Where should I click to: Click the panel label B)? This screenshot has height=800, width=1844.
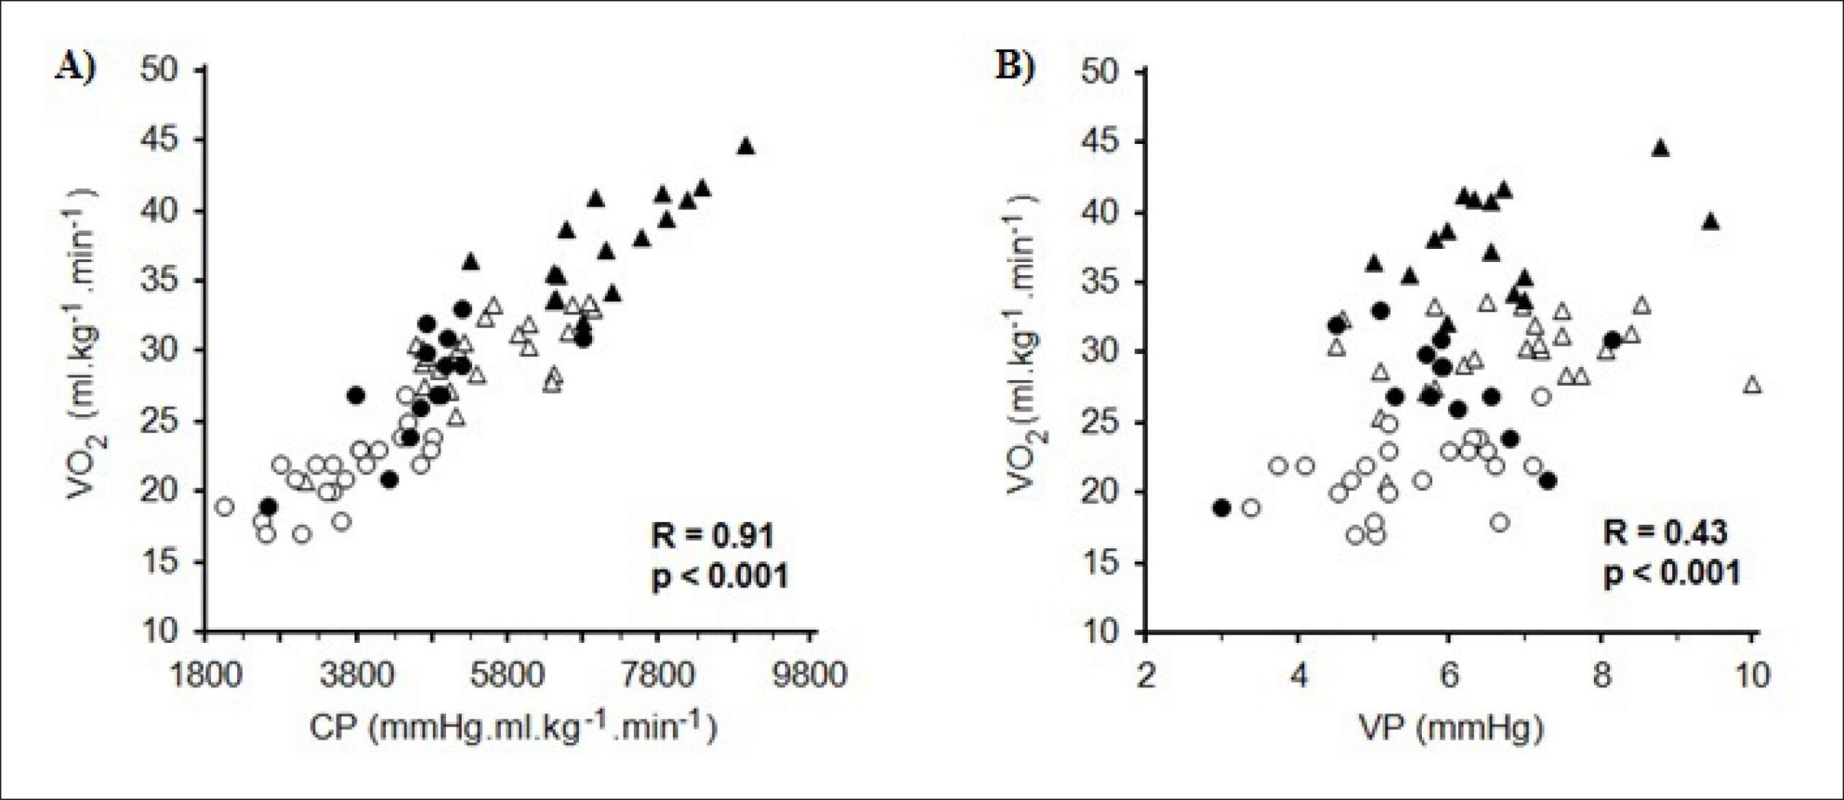coord(1015,67)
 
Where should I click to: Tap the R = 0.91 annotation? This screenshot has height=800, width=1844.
coord(712,536)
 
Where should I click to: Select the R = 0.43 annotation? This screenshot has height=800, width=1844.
coord(1665,533)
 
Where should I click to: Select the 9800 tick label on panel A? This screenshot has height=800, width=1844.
coord(815,677)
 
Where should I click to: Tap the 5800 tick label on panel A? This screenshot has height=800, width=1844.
coord(509,677)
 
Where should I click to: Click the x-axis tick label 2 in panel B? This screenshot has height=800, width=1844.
coord(1146,677)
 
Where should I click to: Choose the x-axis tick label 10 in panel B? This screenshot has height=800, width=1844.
coord(1752,677)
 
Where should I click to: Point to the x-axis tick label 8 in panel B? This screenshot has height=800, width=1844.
coord(1601,677)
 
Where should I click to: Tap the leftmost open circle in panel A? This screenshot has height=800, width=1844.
coord(225,507)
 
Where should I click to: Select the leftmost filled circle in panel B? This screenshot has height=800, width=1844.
coord(1221,508)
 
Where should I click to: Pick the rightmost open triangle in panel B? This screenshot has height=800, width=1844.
coord(1753,385)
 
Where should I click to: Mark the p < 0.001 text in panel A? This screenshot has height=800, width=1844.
coord(720,577)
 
